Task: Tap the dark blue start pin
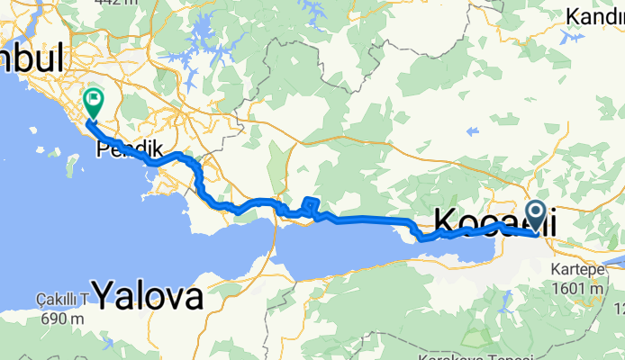pos(535,216)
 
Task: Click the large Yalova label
pos(148,293)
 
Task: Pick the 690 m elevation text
pos(61,318)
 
